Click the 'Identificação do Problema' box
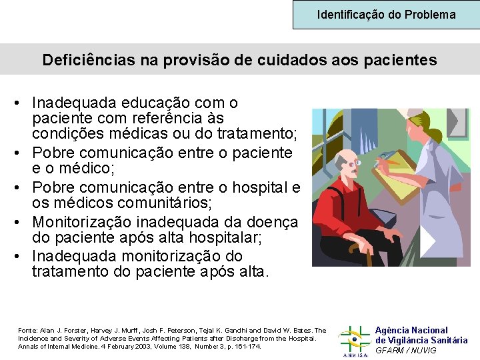(386, 14)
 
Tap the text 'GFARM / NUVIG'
(406, 351)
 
